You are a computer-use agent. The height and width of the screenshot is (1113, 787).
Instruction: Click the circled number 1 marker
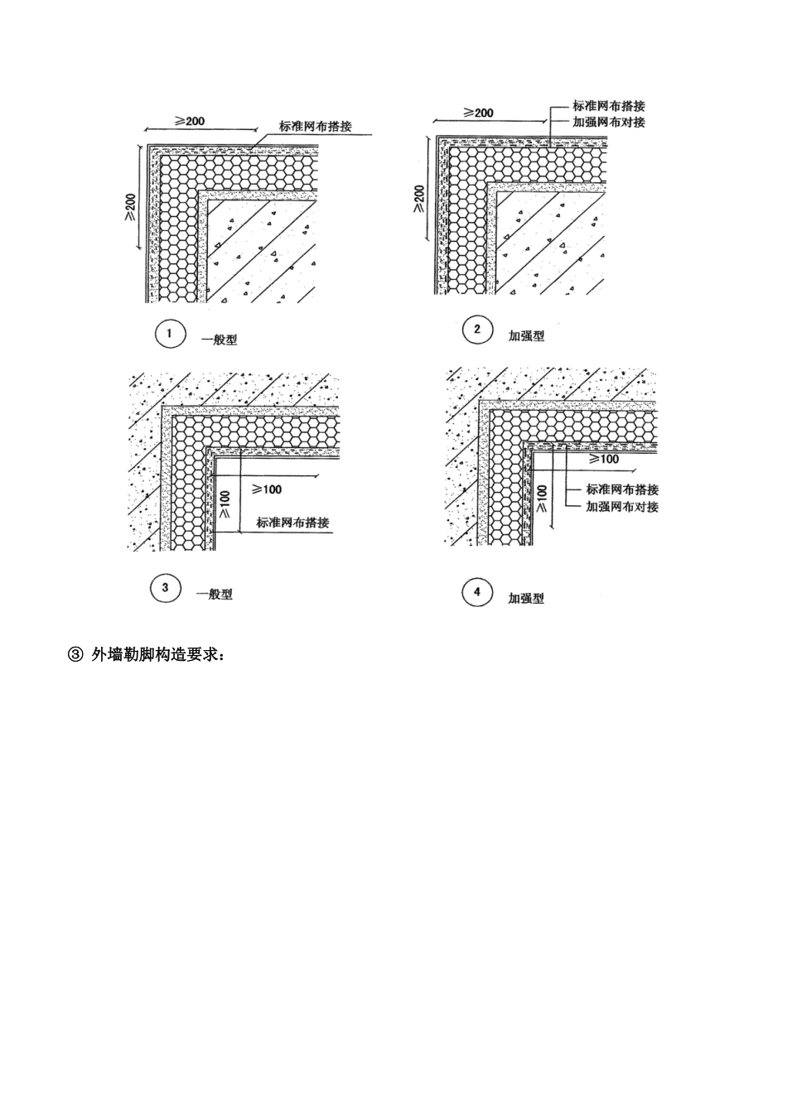[x=169, y=335]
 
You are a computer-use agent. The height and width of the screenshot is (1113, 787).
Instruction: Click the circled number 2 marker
[x=477, y=330]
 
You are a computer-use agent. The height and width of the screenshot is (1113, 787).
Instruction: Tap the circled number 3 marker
[x=165, y=589]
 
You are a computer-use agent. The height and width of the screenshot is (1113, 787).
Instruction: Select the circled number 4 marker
[x=476, y=592]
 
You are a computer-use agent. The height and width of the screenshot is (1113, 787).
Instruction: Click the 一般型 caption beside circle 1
[x=220, y=340]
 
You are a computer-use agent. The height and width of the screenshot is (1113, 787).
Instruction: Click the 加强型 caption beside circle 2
[x=527, y=336]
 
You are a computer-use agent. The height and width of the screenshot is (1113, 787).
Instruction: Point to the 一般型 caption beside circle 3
[x=215, y=594]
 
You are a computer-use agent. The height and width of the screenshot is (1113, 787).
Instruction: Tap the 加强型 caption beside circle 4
[x=526, y=598]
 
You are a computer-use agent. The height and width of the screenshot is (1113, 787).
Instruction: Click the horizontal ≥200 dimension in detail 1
[x=190, y=121]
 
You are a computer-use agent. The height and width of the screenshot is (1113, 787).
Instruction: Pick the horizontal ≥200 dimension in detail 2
[x=478, y=113]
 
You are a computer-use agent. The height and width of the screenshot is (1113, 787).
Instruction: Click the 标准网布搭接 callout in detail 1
[x=316, y=127]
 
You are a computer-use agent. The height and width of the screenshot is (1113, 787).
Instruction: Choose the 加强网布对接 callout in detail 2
[x=609, y=122]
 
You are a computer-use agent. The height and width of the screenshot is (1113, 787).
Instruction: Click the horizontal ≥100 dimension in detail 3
[x=267, y=489]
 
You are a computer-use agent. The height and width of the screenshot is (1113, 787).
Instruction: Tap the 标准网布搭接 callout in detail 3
[x=292, y=523]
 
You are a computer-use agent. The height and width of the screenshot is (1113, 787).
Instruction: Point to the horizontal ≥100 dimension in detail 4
[x=603, y=458]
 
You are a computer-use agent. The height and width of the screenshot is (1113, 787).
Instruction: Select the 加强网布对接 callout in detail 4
[x=622, y=506]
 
